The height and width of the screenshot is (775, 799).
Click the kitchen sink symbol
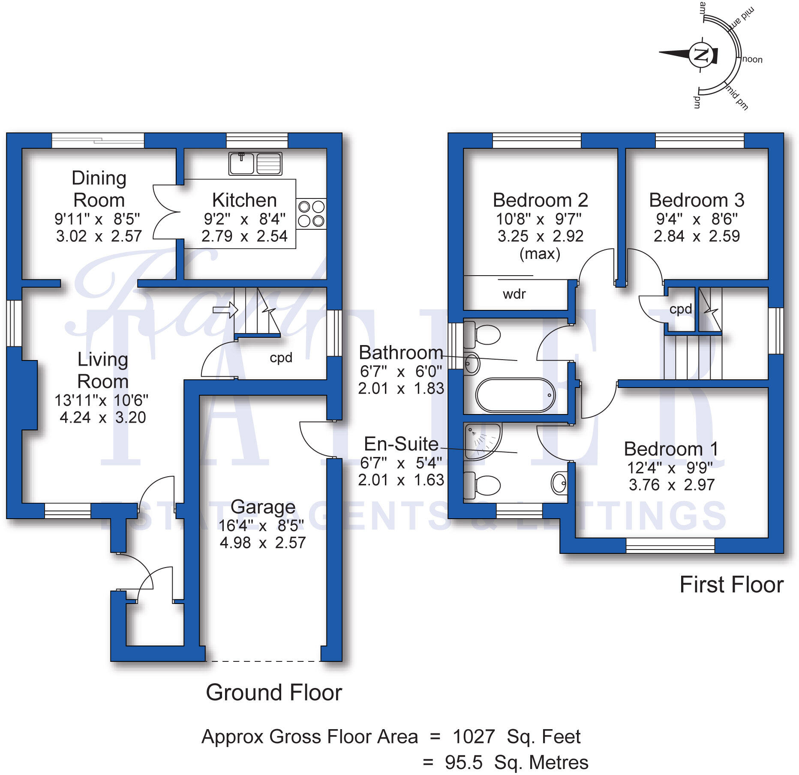255,163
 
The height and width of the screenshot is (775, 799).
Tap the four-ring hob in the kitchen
311,213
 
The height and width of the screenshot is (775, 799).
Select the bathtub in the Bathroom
515,395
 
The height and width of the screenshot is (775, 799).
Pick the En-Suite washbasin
559,483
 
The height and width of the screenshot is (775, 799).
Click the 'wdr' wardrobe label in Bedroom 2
514,294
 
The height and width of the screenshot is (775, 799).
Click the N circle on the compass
701,55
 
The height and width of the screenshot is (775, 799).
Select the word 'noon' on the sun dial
752,60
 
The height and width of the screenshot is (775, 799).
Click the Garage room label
263,507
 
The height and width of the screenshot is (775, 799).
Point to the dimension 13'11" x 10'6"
101,400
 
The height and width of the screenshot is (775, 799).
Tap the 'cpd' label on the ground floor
281,357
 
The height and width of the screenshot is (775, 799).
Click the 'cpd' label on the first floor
680,309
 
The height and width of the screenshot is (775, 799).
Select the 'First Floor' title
731,585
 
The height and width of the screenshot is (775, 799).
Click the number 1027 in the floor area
474,737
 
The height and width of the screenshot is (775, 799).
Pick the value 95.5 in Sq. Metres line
463,763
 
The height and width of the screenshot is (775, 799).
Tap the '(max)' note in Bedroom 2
540,254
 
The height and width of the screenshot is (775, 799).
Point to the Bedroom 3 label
696,200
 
